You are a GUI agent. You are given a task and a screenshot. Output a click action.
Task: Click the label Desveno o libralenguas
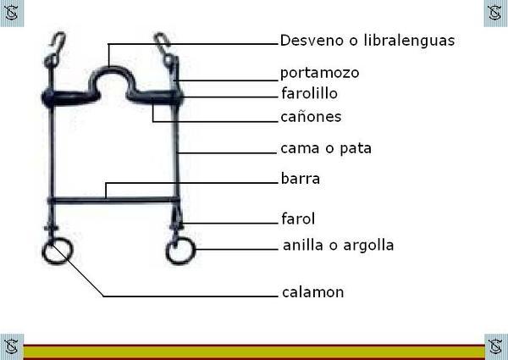point(356,41)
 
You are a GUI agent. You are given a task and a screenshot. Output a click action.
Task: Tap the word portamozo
point(319,73)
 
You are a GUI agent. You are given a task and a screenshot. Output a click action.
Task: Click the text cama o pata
point(326,148)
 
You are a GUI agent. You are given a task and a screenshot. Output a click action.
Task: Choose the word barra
point(300,179)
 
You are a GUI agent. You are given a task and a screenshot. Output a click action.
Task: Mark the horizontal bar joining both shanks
point(114,200)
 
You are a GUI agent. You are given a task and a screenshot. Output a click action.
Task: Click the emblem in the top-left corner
point(11,12)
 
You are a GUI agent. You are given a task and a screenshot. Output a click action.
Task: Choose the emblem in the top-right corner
point(495,12)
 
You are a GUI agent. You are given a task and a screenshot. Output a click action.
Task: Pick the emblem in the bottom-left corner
point(11,346)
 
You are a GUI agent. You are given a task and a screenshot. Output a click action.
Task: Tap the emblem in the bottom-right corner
point(495,346)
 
